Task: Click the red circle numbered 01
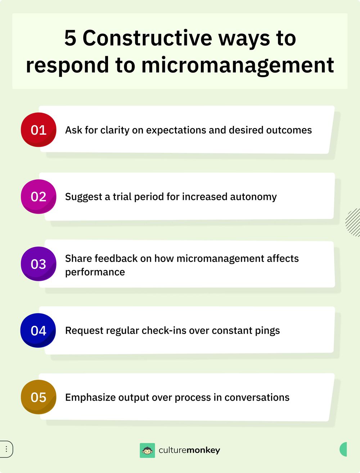click(x=39, y=130)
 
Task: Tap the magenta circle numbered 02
click(x=39, y=197)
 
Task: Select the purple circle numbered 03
click(x=39, y=264)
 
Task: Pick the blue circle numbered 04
click(x=38, y=330)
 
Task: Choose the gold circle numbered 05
click(x=39, y=397)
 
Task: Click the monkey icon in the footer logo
click(x=147, y=450)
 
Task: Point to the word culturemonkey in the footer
click(x=189, y=450)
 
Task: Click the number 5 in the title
click(x=70, y=38)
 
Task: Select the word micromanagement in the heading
click(x=238, y=66)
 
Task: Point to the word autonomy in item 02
click(x=253, y=197)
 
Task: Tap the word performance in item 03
click(x=95, y=272)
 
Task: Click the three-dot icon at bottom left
click(x=6, y=449)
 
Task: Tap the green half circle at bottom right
click(x=343, y=449)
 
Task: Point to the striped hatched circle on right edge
click(x=354, y=222)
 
